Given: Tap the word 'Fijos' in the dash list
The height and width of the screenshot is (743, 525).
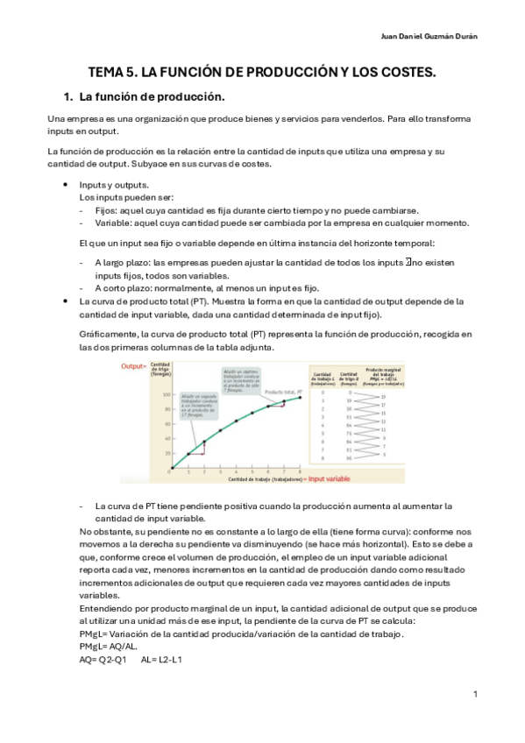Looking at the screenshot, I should [105, 210].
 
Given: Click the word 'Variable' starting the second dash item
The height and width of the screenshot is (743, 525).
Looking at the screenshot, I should [112, 223].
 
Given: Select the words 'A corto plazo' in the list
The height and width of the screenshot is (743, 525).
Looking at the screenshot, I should [123, 288].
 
